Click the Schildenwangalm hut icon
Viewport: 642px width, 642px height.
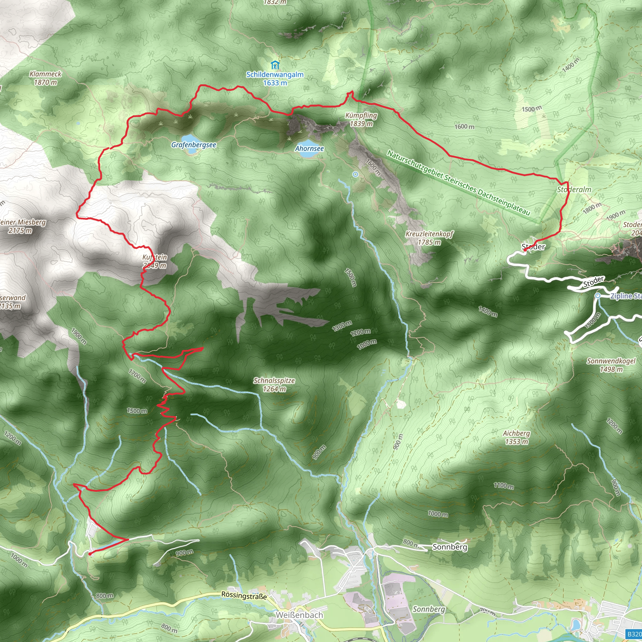point(275,65)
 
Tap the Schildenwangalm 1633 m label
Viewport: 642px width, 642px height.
point(275,78)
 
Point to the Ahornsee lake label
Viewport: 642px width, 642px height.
point(309,149)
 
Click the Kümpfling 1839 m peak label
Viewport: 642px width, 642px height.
point(361,119)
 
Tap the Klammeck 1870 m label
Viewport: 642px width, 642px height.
point(45,78)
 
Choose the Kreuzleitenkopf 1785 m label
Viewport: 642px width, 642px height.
point(429,238)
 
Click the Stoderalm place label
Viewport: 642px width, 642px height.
point(574,190)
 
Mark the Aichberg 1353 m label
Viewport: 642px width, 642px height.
point(516,437)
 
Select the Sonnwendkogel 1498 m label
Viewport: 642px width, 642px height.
point(611,365)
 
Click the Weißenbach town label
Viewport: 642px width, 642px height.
point(299,615)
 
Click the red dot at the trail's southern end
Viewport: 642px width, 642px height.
point(90,554)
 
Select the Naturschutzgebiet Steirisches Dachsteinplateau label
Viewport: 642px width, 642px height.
point(458,182)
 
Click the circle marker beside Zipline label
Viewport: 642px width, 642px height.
point(598,295)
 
